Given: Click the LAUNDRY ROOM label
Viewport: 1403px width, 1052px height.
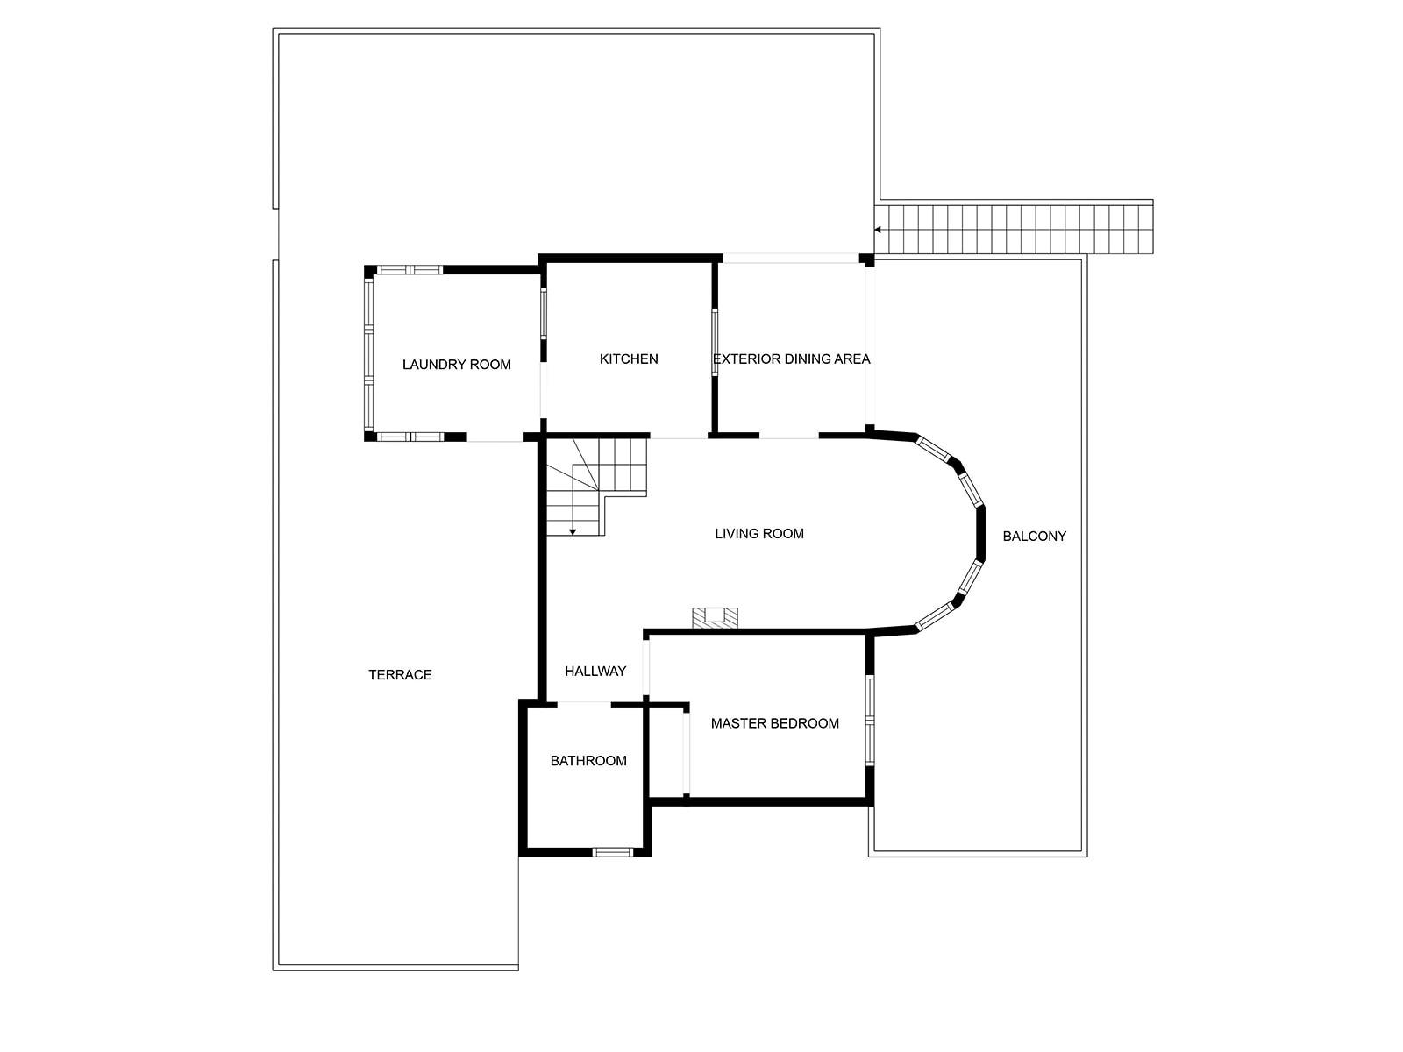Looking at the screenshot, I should [x=456, y=365].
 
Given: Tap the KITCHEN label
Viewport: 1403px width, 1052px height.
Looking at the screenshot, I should [x=629, y=359].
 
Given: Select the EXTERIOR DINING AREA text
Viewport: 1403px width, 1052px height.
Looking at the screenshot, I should [x=791, y=359].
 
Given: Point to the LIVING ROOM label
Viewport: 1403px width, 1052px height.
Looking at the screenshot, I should [x=758, y=533].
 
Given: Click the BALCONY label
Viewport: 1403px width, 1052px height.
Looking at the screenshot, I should [x=1034, y=536].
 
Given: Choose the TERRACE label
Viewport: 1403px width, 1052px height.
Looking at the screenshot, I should [x=400, y=674].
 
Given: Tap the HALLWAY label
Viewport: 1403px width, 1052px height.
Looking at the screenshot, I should [x=595, y=671].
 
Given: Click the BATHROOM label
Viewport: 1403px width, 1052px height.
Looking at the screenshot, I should [x=588, y=760].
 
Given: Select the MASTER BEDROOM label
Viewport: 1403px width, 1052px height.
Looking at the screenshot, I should [x=774, y=723].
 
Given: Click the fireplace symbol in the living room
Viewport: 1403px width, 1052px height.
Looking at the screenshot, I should [x=716, y=617].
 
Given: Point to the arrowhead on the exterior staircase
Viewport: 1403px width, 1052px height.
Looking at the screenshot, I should [x=878, y=230].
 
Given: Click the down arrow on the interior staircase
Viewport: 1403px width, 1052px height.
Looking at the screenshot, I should [x=572, y=530].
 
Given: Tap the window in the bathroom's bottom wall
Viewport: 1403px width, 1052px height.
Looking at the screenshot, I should [x=612, y=851].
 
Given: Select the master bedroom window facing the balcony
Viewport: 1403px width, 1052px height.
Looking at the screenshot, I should [x=869, y=721].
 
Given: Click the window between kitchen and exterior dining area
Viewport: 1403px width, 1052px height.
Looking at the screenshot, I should [x=715, y=342].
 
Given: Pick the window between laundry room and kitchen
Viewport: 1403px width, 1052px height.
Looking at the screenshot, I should [x=543, y=313].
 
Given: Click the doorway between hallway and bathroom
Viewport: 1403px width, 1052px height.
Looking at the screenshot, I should [x=584, y=703].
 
